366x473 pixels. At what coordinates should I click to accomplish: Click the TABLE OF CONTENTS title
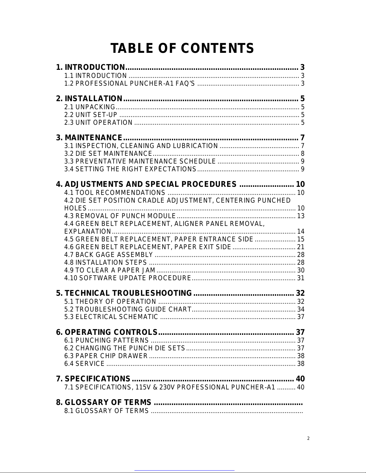click(x=182, y=49)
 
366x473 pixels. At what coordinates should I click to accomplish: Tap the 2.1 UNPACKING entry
click(x=90, y=107)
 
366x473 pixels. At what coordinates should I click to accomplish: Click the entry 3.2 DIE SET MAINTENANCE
click(x=108, y=154)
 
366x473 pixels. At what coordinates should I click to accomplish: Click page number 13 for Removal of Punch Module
click(x=301, y=216)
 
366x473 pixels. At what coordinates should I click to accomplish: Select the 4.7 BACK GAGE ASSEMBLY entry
click(x=109, y=255)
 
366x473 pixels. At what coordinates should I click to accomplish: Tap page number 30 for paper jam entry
click(x=301, y=270)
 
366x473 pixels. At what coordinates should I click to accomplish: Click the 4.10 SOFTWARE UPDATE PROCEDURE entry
click(x=128, y=278)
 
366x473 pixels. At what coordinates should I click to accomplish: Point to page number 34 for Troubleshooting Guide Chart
click(x=301, y=309)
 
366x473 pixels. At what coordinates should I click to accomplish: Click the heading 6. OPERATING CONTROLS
click(x=107, y=332)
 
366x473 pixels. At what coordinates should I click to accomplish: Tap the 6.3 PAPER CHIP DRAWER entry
click(x=106, y=356)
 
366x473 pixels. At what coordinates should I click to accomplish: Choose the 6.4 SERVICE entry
click(x=85, y=363)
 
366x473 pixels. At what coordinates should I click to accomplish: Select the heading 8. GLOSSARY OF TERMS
click(x=104, y=403)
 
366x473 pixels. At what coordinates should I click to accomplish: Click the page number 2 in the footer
click(x=308, y=439)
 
